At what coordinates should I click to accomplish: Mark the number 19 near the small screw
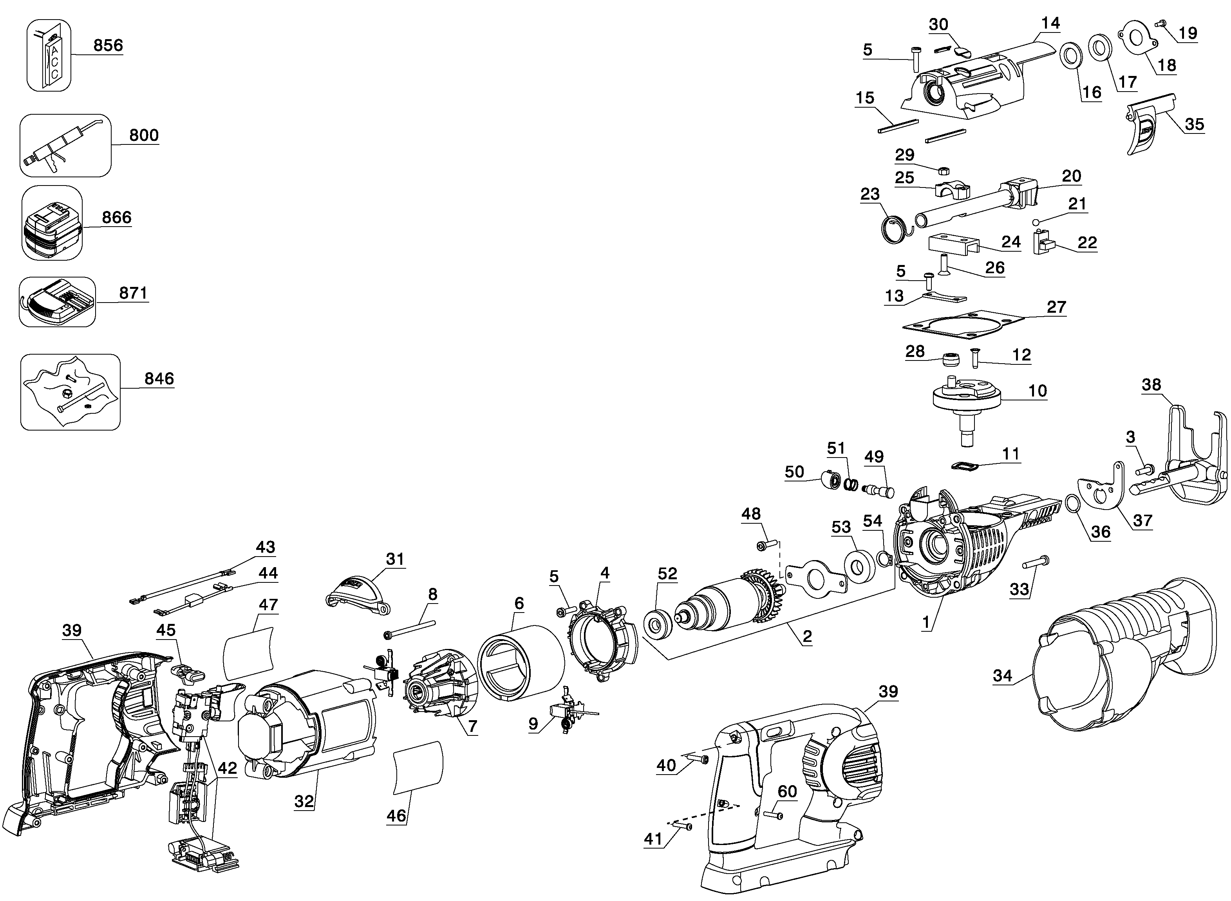(x=1188, y=33)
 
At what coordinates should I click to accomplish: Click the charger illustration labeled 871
(x=57, y=302)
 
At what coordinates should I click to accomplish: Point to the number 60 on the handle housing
(x=787, y=791)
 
